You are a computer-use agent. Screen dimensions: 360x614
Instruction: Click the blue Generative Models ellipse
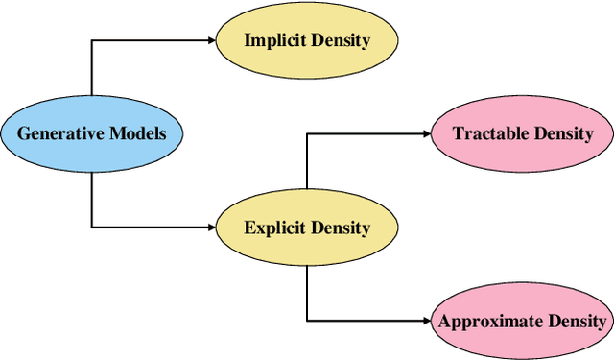[x=91, y=132]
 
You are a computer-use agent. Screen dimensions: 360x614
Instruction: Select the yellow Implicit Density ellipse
[x=306, y=40]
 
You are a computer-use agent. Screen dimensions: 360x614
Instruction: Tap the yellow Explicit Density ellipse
[x=306, y=228]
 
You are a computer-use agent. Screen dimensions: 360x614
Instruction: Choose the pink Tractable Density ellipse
[x=523, y=133]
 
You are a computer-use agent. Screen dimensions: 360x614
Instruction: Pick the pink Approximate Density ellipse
[x=523, y=321]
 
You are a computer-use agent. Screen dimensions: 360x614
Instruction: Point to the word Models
[x=135, y=133]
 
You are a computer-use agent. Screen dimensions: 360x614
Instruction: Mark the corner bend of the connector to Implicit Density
[x=92, y=39]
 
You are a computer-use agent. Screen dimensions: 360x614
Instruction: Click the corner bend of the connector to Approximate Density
[x=307, y=321]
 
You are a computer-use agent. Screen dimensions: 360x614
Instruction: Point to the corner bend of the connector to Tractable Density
[x=307, y=133]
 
